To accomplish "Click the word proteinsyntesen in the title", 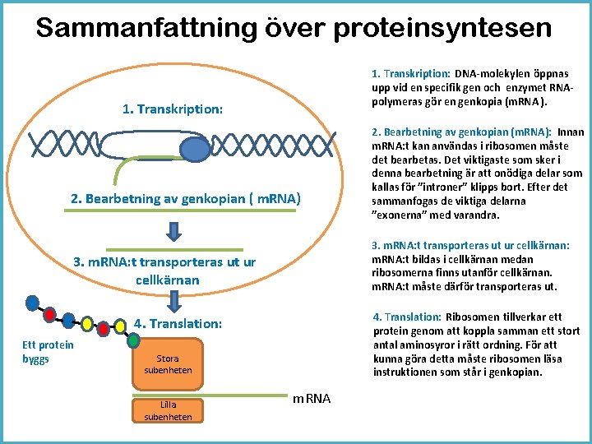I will coord(443,28).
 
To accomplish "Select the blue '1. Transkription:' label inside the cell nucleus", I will coord(172,109).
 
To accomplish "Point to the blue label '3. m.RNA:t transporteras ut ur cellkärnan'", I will coord(164,271).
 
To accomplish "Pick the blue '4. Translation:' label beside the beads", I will coord(178,324).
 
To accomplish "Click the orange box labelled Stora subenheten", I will coord(168,364).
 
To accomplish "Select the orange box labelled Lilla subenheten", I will coord(168,410).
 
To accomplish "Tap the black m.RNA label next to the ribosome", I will coord(312,399).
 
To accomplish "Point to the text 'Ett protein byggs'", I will coord(48,353).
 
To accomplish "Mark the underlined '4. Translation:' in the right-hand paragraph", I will coord(407,317).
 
